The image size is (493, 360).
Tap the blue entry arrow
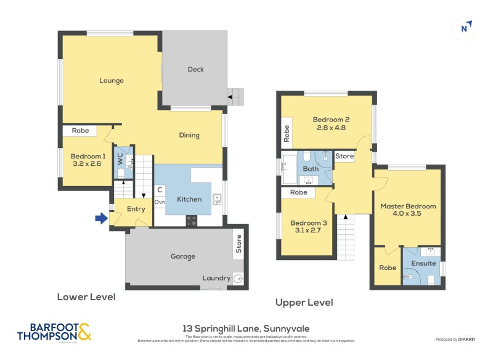[100, 217]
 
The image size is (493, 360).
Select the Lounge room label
[111, 81]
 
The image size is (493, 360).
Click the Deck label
[195, 70]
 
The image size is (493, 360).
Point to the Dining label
[189, 136]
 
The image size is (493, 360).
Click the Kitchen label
[189, 199]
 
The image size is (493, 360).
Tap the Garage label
[182, 256]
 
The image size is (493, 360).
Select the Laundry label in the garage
[216, 278]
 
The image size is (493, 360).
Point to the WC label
[120, 158]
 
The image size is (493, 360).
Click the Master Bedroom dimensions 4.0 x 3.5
[407, 215]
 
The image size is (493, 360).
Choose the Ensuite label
[424, 263]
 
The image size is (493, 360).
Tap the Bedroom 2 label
[331, 120]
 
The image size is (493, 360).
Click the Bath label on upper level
[310, 168]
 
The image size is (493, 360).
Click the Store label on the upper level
[344, 157]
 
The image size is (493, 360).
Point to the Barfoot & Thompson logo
[54, 332]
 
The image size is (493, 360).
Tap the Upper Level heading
[304, 303]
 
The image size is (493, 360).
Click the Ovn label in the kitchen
[160, 202]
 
